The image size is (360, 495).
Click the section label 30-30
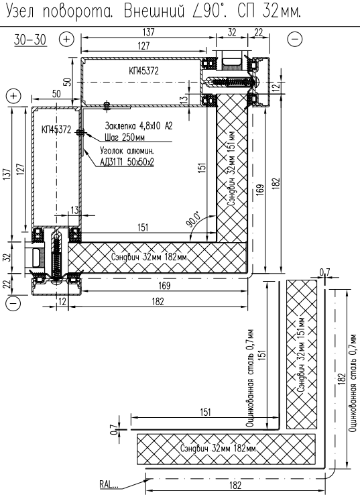(x=30, y=40)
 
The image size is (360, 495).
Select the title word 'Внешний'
(x=154, y=11)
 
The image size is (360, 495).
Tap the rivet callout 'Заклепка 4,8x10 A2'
(x=139, y=126)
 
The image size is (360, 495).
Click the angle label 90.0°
(x=193, y=219)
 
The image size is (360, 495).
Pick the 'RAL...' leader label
(x=109, y=484)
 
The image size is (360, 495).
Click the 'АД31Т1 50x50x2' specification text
(x=127, y=162)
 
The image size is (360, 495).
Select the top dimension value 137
(x=149, y=32)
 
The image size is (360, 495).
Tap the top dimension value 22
(x=258, y=32)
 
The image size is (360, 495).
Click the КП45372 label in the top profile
(x=143, y=70)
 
